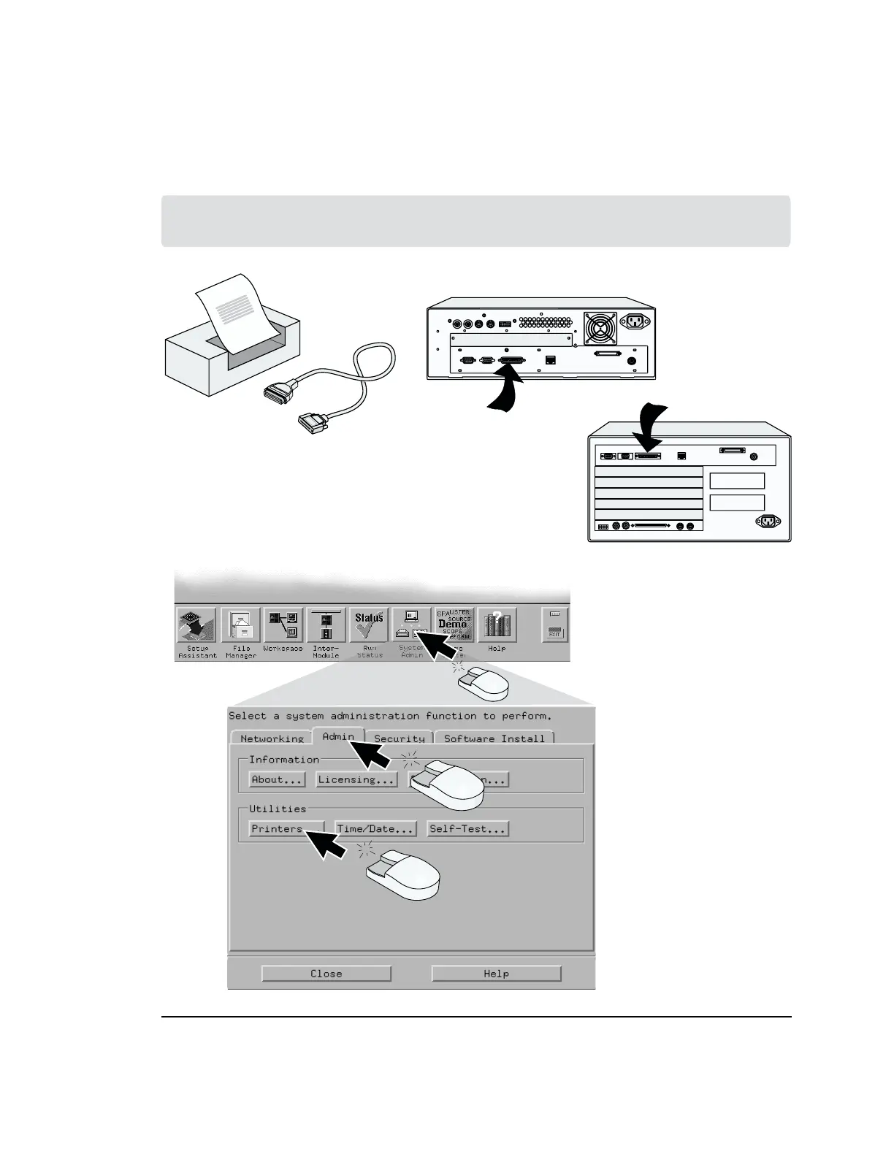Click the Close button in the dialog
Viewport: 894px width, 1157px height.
[326, 974]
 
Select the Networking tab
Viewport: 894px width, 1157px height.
[271, 738]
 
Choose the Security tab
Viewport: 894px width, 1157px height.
[399, 738]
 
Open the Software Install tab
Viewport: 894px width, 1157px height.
[494, 738]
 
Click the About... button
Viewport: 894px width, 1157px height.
[277, 779]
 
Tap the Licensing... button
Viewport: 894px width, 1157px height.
[357, 779]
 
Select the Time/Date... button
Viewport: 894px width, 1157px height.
[375, 829]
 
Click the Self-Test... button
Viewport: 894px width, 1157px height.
[467, 829]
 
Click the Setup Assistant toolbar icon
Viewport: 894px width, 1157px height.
[196, 626]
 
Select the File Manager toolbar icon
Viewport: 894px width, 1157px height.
[240, 626]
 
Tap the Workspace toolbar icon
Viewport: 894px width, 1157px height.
[283, 626]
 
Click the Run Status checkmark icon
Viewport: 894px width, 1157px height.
[369, 626]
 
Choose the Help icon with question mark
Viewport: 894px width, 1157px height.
[497, 626]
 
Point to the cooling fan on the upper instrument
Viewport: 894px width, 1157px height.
[600, 328]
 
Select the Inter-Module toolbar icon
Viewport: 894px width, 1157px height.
[326, 626]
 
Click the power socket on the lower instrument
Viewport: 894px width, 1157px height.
[767, 521]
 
